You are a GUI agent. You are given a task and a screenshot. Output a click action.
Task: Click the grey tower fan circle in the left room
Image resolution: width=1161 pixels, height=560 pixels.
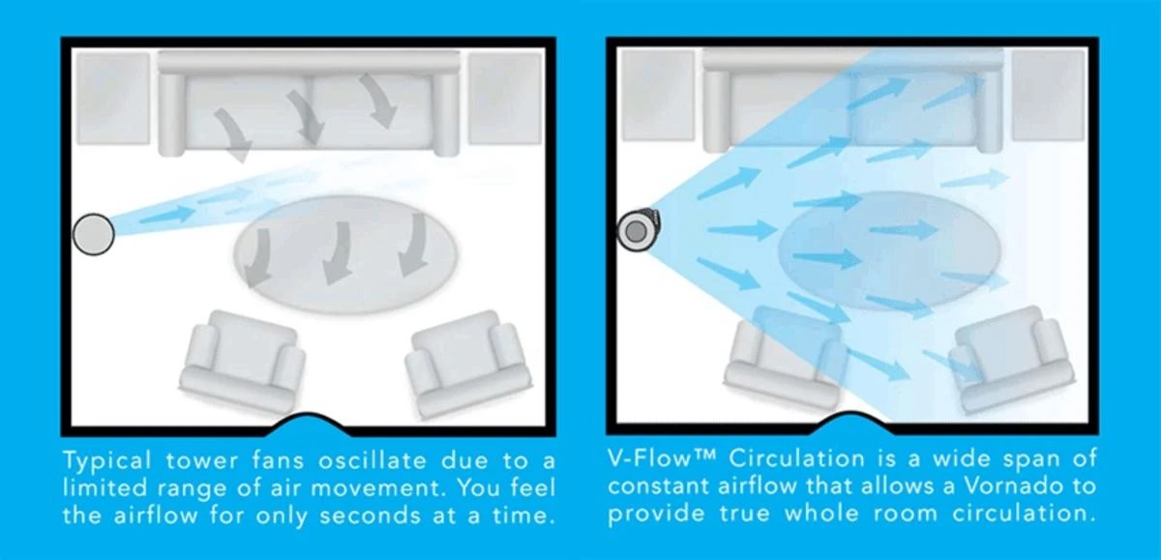[x=93, y=234]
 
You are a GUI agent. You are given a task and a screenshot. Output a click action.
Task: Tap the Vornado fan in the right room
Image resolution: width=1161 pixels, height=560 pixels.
[x=638, y=231]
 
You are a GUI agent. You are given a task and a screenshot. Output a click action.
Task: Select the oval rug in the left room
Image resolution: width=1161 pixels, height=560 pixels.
[x=345, y=254]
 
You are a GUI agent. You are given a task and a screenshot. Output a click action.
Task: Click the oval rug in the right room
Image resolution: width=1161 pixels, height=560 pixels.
[x=889, y=251]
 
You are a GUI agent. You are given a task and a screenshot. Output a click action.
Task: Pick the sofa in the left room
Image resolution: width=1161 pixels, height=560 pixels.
[x=309, y=103]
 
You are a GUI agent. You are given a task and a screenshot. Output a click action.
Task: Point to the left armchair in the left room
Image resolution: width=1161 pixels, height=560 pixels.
[x=242, y=360]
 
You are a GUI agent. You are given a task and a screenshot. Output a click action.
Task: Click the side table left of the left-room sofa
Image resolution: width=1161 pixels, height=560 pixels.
[x=113, y=99]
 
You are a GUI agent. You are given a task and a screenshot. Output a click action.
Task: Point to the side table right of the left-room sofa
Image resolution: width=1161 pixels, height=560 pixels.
[x=505, y=99]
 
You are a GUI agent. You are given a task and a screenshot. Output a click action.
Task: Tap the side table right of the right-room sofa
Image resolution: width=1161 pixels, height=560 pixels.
[x=1049, y=96]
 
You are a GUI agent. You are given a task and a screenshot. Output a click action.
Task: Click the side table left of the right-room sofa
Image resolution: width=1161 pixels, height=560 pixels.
[x=658, y=96]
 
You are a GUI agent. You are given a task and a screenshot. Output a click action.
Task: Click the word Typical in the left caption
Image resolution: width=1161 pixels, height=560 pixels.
[x=107, y=461]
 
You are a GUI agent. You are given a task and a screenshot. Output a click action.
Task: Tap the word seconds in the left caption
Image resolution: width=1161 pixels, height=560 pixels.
[x=370, y=516]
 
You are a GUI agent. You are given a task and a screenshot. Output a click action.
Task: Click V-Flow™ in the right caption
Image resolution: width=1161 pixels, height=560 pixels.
[x=662, y=457]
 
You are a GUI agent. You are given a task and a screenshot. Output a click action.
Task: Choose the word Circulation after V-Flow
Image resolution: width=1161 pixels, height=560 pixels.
[x=797, y=457]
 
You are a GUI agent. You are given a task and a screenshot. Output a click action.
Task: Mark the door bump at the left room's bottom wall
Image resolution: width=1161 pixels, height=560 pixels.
[x=309, y=423]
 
